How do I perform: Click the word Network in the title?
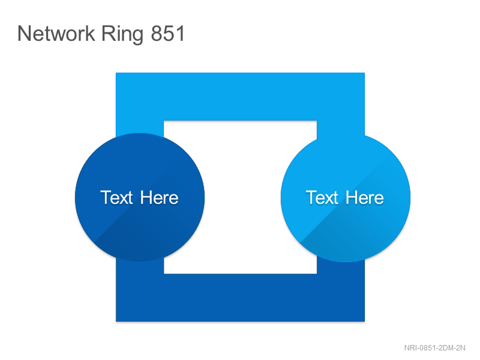[56, 34]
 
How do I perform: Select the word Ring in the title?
[122, 35]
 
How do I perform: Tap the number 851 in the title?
[168, 34]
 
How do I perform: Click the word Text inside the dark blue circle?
[116, 197]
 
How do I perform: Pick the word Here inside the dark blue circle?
[159, 197]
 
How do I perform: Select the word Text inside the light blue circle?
[322, 197]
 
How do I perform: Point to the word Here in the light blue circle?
[365, 197]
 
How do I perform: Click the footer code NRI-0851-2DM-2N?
[434, 348]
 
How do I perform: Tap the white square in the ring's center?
[241, 197]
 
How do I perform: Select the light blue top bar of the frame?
[241, 97]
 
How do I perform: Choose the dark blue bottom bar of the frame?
[241, 298]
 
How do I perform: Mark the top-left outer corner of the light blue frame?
[116, 73]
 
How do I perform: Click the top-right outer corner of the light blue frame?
[365, 73]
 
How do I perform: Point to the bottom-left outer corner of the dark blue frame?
[116, 322]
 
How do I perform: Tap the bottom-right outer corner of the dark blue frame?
[365, 322]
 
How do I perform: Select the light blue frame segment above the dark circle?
[140, 127]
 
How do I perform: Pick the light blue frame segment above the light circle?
[341, 128]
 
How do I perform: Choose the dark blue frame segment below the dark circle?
[140, 267]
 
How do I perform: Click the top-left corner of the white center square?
[164, 121]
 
